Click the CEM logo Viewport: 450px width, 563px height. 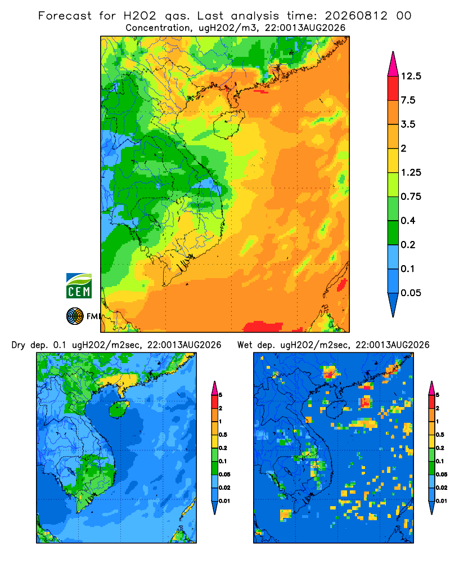point(79,285)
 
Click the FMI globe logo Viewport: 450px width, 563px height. point(75,316)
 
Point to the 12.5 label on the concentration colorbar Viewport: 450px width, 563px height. point(411,76)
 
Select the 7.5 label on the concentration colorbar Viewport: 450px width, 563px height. point(408,100)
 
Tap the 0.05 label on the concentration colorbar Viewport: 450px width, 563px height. point(411,293)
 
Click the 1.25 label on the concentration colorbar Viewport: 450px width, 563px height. point(411,172)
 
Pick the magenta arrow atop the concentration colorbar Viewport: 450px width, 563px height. point(393,64)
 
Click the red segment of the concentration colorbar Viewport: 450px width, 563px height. point(393,88)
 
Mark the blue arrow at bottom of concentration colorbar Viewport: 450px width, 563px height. point(393,305)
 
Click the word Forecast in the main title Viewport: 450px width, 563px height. point(65,16)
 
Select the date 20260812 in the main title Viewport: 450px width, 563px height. point(356,16)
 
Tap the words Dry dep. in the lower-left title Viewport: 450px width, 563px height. point(30,345)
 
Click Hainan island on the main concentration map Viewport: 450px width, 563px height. point(228,124)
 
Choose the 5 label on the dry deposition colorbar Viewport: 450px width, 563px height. point(220,395)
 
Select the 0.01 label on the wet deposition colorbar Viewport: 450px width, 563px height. point(442,501)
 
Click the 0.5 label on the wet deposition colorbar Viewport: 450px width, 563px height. point(439,435)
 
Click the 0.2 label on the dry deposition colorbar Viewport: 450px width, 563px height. point(223,448)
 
